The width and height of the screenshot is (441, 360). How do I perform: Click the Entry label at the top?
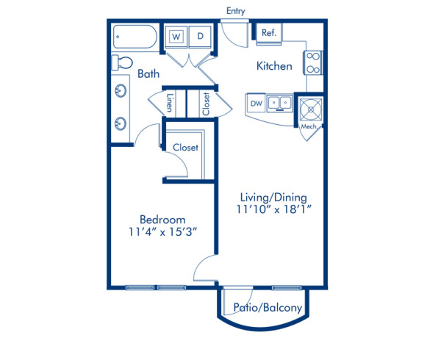236,11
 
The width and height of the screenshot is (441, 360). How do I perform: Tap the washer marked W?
177,36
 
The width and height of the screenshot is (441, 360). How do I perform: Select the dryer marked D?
200,36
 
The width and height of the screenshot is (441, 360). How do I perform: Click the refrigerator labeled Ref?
268,32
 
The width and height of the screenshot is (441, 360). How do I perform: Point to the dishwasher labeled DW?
256,104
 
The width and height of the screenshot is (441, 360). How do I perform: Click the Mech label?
309,126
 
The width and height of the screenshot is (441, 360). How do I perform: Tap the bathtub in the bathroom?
136,37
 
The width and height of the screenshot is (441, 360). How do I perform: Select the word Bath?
148,74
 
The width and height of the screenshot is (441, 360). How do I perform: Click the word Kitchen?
274,66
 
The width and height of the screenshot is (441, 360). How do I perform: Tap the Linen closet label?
169,102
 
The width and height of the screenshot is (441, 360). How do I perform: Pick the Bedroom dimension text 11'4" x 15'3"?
162,233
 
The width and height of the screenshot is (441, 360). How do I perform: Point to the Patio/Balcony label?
267,308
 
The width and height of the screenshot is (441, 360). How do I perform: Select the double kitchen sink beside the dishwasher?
279,104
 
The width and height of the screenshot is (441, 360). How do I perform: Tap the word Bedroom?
162,220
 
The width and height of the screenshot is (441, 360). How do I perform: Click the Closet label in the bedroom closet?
185,147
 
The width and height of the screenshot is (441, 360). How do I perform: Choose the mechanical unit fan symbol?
309,108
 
